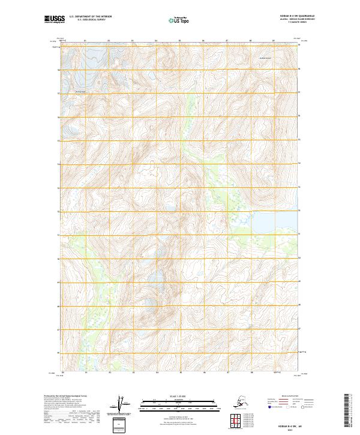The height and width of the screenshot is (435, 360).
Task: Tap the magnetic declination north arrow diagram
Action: coord(124,404)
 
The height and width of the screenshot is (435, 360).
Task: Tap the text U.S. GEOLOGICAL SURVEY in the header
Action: coord(85,22)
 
